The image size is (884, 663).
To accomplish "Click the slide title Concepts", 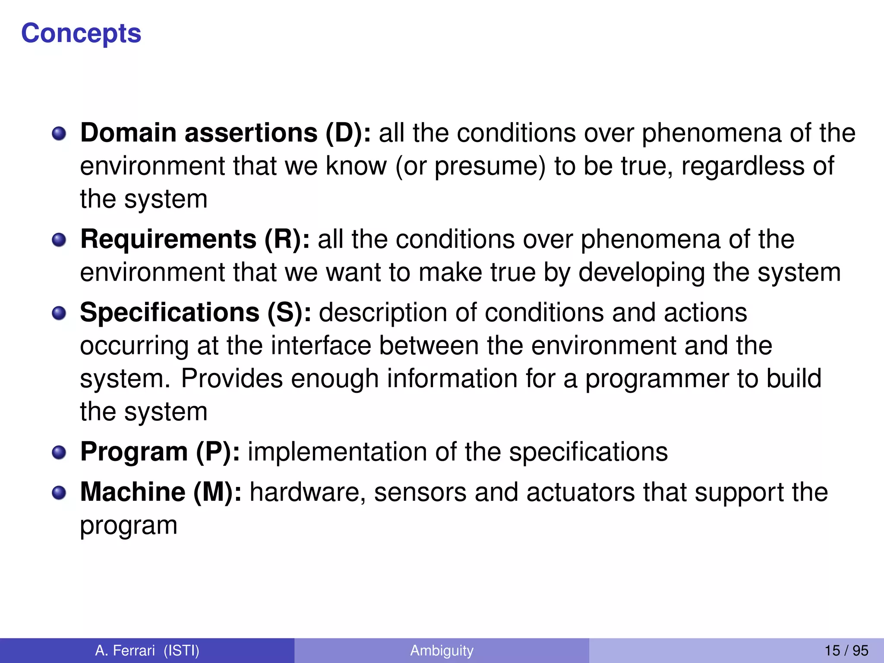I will (81, 34).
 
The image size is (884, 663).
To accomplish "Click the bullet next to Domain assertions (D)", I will (59, 134).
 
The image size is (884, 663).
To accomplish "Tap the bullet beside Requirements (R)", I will (59, 240).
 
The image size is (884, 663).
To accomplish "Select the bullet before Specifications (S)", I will (59, 313).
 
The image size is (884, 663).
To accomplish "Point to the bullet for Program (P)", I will (59, 453).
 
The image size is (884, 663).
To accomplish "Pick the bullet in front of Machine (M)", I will (59, 493).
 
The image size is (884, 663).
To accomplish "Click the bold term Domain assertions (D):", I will (225, 133).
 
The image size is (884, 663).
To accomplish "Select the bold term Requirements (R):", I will (195, 240).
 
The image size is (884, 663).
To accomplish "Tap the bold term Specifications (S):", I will (196, 313).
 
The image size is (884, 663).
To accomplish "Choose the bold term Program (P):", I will (160, 452).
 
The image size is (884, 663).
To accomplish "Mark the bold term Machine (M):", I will (161, 492).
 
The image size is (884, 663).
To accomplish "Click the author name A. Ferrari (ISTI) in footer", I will (147, 650).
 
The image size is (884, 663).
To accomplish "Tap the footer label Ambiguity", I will (442, 650).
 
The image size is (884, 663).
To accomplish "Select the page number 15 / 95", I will (846, 650).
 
